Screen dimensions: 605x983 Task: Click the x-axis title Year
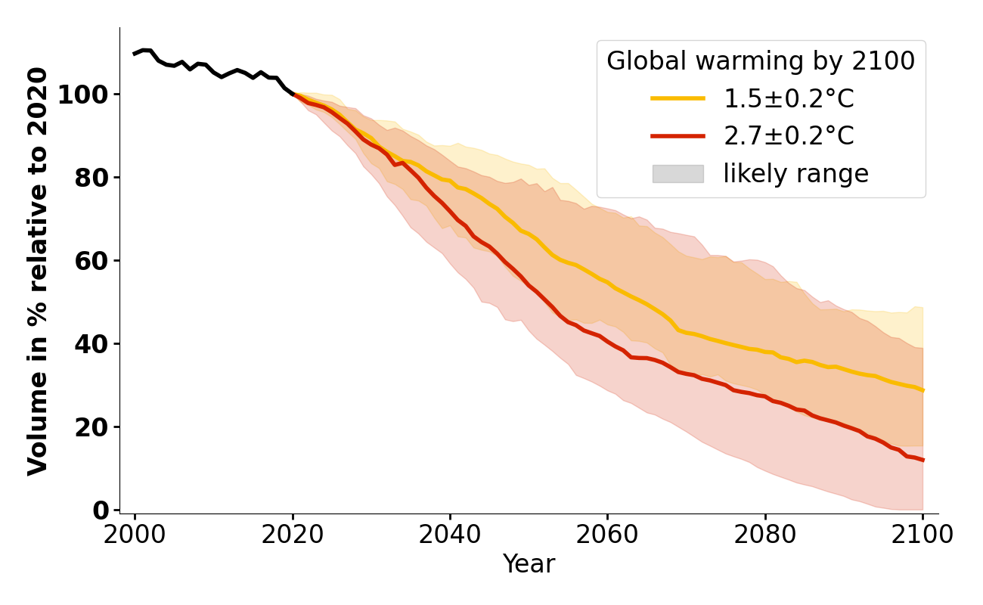[x=529, y=564]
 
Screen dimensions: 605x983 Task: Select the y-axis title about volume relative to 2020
[x=39, y=271]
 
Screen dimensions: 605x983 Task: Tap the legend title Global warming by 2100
[x=761, y=61]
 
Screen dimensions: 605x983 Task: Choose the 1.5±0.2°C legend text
[x=789, y=98]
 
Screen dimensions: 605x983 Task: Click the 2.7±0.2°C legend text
[x=789, y=136]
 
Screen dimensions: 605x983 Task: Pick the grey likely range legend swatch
[x=678, y=174]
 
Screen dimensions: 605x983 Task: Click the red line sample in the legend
[x=678, y=136]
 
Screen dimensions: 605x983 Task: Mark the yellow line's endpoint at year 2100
[x=923, y=390]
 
